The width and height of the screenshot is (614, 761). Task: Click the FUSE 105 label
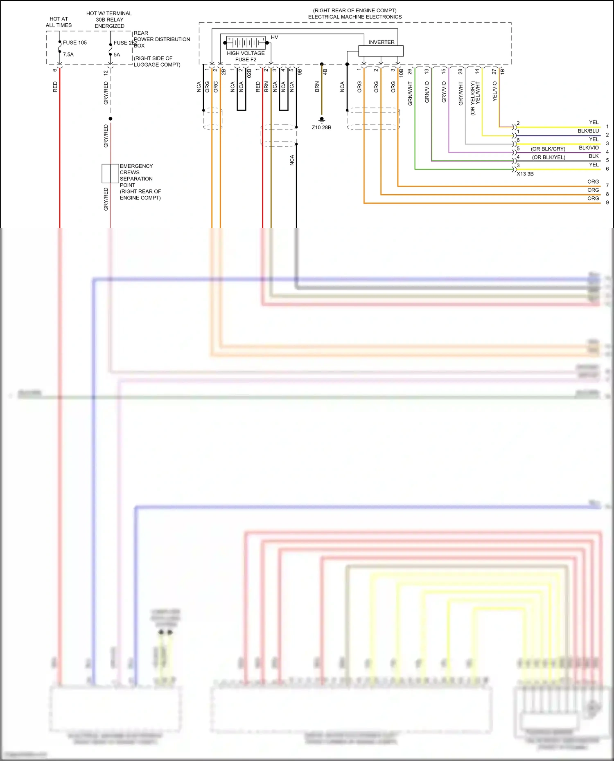point(74,43)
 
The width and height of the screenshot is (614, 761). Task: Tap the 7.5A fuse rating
point(68,54)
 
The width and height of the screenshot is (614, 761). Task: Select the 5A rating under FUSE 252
point(117,54)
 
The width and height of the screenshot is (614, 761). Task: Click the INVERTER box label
point(381,42)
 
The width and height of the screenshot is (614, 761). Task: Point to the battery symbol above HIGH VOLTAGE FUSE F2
point(246,43)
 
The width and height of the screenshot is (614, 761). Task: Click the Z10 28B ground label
point(321,128)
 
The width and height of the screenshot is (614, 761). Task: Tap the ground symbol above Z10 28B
point(322,120)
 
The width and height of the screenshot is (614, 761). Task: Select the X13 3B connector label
point(525,174)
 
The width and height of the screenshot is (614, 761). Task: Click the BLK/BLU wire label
point(588,131)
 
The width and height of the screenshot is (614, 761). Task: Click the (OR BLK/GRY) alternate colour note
point(548,149)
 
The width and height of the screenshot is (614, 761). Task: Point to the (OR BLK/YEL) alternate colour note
point(549,157)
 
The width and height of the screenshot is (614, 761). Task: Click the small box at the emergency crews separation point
point(110,173)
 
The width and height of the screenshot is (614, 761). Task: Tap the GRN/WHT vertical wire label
point(410,94)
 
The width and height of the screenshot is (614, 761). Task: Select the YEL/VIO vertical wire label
point(494,92)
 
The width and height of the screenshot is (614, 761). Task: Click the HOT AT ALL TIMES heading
point(59,22)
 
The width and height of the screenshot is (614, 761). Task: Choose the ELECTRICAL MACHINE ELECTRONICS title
point(355,17)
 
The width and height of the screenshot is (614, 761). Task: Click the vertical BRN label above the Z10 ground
point(317,87)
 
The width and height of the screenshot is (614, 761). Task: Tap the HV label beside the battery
point(274,37)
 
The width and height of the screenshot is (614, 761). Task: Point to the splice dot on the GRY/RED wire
point(111,119)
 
